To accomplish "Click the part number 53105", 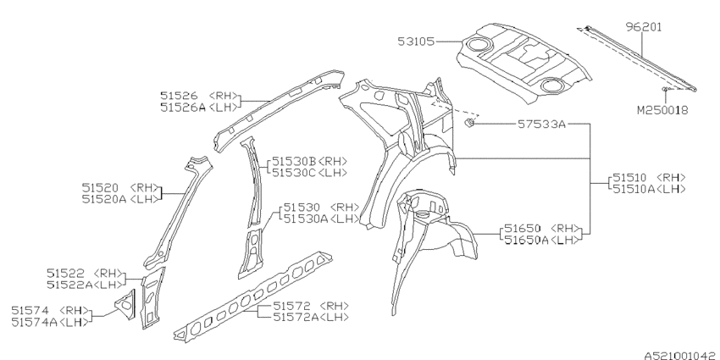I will click(415, 40).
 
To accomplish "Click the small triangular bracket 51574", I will click(125, 300).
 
